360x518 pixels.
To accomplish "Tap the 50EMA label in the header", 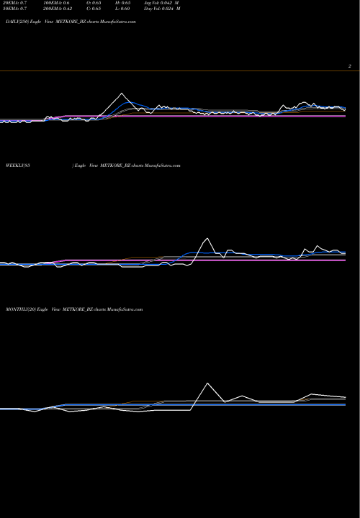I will point(16,13).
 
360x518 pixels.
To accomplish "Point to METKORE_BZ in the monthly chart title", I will point(76,309).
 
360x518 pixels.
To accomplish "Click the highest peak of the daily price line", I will point(122,94).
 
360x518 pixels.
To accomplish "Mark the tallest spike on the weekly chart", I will point(208,238).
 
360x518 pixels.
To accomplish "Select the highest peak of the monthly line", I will point(208,383).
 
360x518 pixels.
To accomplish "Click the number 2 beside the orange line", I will point(349,66).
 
